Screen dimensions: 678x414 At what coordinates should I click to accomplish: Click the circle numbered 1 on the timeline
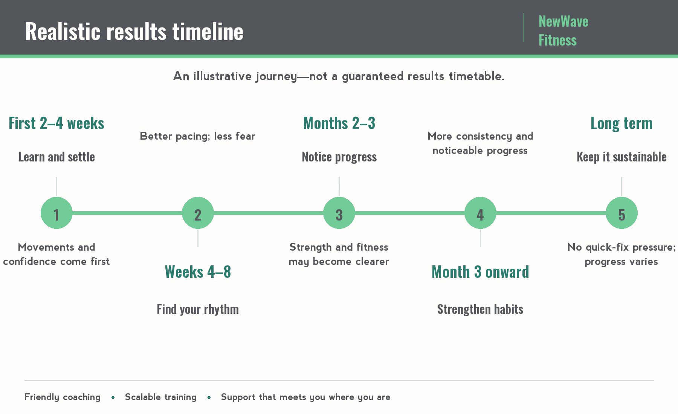56,213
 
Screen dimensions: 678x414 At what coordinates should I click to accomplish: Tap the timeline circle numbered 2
198,213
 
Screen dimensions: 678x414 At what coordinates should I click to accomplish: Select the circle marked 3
339,213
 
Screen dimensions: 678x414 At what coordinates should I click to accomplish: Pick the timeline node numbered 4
480,213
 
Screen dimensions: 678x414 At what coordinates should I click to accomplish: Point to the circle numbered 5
621,213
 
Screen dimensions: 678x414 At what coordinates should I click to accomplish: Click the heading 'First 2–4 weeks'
56,123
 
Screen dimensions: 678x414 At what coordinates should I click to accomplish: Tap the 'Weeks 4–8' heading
198,272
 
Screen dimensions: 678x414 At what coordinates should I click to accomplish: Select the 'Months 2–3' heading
339,123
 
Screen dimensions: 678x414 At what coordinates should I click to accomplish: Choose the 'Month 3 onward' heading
480,272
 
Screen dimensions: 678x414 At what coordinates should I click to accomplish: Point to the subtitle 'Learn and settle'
56,157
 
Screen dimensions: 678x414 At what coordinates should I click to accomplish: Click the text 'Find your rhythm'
198,309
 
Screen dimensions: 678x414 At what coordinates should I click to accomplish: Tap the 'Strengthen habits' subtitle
480,309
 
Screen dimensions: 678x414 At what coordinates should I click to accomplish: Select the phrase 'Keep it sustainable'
621,157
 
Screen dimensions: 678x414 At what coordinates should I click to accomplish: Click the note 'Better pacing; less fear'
197,136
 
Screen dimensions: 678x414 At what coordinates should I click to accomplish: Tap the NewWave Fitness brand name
563,31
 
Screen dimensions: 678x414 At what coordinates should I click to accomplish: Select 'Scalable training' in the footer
161,397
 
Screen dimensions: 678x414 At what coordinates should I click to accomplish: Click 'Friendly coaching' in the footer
63,397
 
